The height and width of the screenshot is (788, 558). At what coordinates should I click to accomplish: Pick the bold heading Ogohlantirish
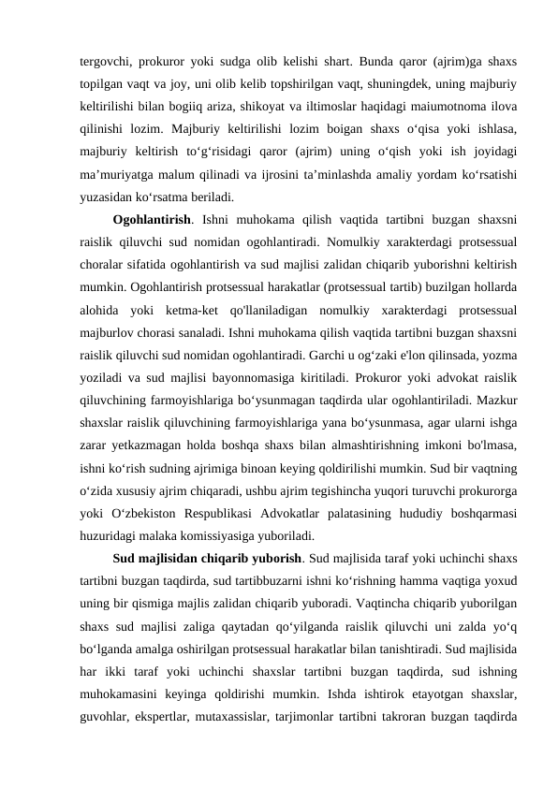[150, 221]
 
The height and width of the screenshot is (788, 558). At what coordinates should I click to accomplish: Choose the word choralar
[106, 266]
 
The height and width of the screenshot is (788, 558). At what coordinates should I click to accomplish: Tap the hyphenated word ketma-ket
[230, 311]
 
